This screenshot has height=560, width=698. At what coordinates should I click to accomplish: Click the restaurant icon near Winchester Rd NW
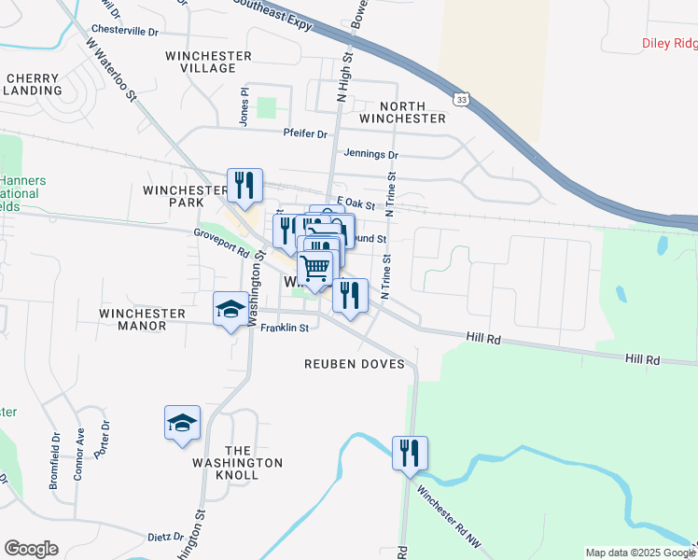(x=410, y=454)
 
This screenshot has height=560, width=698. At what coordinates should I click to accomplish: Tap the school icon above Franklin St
(x=230, y=309)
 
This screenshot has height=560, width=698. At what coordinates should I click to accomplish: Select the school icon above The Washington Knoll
(x=182, y=423)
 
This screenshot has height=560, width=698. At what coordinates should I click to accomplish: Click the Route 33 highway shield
(x=459, y=98)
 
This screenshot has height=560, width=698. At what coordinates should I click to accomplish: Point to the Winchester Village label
(x=209, y=62)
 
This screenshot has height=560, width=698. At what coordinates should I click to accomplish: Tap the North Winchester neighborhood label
(x=399, y=112)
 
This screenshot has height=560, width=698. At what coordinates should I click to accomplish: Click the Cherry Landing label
(x=34, y=85)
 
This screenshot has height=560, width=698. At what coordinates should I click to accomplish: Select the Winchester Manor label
(x=133, y=319)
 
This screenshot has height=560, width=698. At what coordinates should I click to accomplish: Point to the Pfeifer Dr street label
(x=306, y=133)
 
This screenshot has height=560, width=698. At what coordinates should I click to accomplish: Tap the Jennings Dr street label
(x=370, y=155)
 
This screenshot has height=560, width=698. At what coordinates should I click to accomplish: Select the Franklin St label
(x=285, y=329)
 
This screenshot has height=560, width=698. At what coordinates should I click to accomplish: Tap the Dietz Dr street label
(x=166, y=537)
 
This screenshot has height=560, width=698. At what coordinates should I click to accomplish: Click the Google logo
(x=31, y=549)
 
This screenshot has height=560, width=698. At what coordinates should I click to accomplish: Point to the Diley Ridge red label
(x=669, y=43)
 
